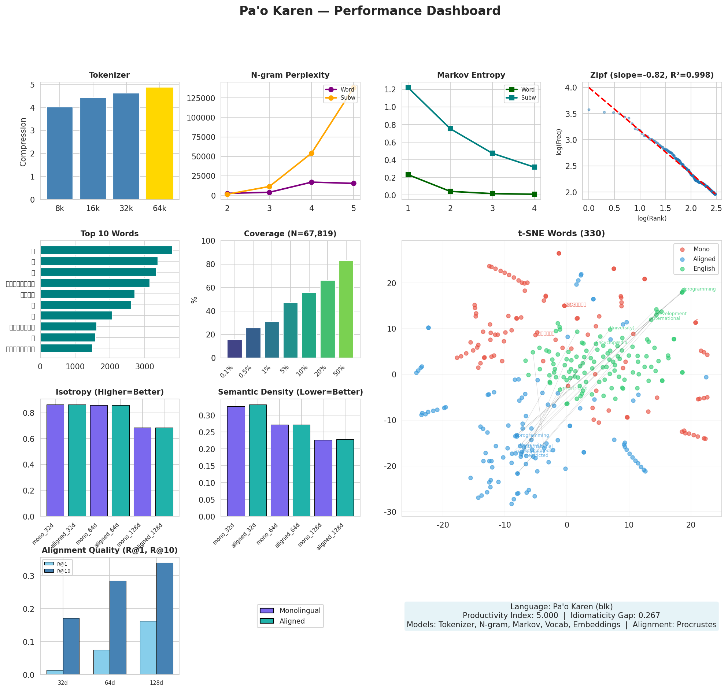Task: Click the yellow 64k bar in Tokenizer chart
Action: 159,144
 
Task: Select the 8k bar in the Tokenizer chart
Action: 60,153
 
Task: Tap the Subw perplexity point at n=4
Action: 311,153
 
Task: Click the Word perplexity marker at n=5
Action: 353,183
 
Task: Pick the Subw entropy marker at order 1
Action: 408,88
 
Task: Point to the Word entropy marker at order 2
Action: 450,191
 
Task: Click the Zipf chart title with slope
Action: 651,75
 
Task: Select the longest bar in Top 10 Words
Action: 106,250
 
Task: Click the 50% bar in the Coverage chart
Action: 345,309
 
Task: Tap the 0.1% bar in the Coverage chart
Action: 234,348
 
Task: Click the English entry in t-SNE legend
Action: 703,269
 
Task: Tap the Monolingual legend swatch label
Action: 300,610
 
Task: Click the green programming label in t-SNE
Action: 699,289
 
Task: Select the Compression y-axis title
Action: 23,142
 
